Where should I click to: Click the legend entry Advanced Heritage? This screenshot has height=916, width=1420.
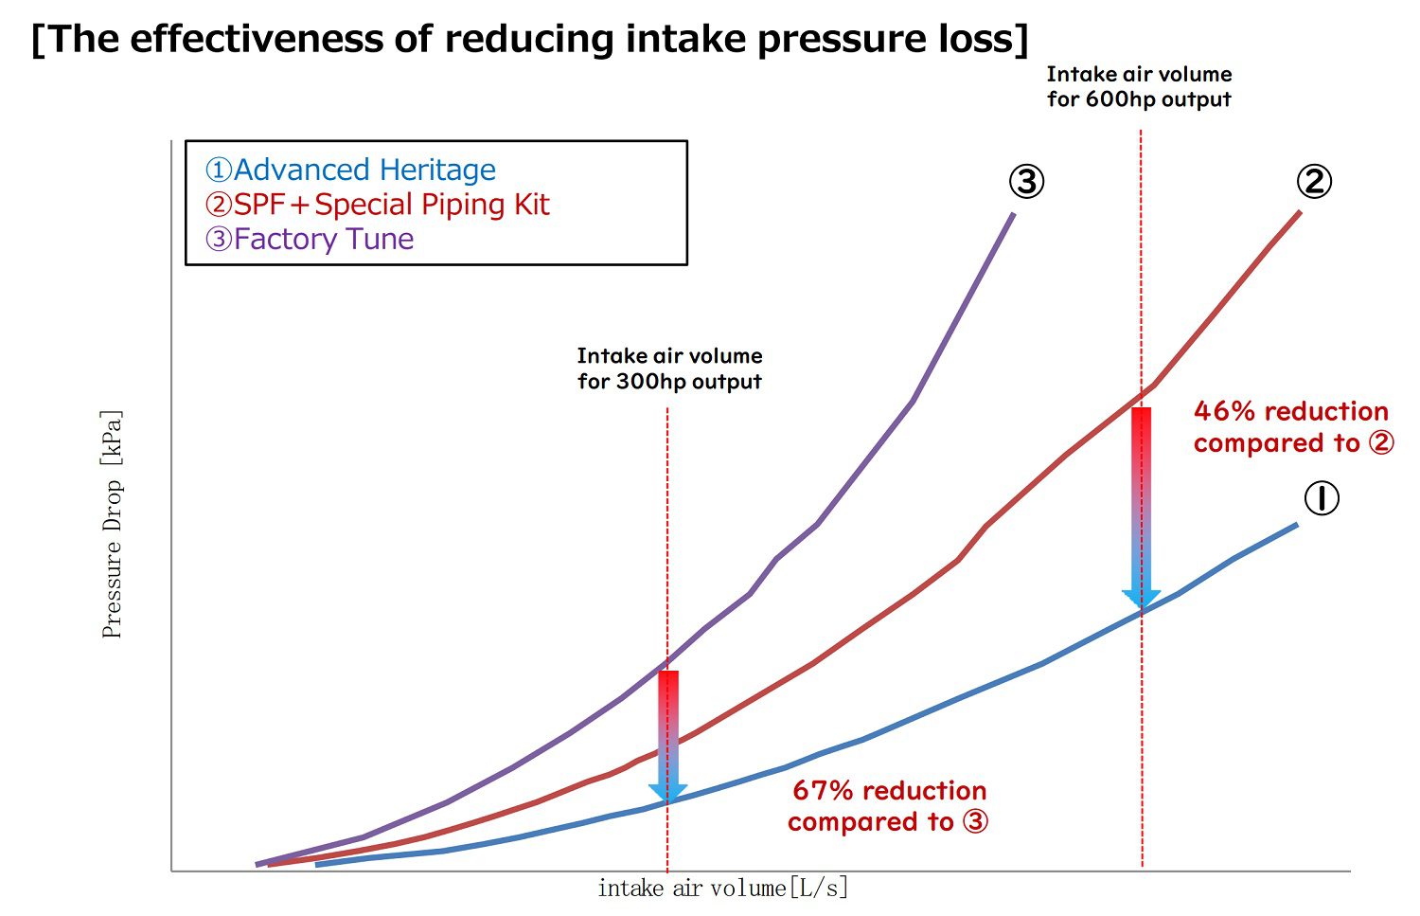click(x=350, y=170)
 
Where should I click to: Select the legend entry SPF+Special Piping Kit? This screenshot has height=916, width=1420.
click(x=377, y=205)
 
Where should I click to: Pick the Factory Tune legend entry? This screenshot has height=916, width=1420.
click(x=310, y=239)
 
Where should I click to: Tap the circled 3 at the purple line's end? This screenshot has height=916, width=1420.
click(x=1026, y=181)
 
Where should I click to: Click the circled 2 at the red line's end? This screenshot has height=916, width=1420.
click(x=1314, y=181)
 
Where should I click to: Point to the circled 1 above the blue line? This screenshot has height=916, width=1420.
click(x=1322, y=498)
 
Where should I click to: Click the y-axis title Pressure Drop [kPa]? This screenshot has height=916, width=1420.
click(x=112, y=524)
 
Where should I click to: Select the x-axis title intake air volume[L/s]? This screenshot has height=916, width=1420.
click(x=722, y=889)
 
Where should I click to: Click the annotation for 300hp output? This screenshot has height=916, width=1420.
click(x=669, y=368)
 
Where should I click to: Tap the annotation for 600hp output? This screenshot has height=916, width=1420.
click(x=1139, y=86)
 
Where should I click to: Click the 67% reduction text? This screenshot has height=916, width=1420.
click(x=889, y=806)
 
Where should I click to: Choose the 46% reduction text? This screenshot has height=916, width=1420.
click(x=1291, y=426)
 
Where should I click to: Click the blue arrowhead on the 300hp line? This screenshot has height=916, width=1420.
click(x=668, y=793)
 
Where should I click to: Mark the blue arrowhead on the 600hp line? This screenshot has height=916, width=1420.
click(x=1142, y=600)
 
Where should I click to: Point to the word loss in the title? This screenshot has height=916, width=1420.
click(x=978, y=39)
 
